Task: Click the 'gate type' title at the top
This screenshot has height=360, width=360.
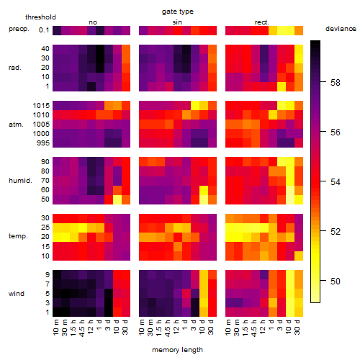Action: click(x=178, y=12)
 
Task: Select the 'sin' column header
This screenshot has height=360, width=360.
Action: click(x=177, y=22)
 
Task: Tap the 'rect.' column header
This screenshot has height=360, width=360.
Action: click(x=262, y=22)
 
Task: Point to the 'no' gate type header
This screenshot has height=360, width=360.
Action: click(x=93, y=22)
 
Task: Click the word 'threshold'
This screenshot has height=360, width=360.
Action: click(x=40, y=17)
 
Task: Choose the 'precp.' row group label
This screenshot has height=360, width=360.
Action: click(x=19, y=29)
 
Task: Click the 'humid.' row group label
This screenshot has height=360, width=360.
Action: click(x=20, y=181)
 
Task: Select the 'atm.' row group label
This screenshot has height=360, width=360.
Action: click(x=16, y=125)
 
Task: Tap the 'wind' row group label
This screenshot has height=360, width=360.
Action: click(x=17, y=294)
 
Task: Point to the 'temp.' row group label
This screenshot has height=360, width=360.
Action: click(x=18, y=236)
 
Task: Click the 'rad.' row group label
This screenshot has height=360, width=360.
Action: click(x=15, y=68)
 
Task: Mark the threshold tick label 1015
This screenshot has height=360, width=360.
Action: click(x=41, y=106)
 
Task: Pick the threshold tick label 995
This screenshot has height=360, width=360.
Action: click(x=43, y=143)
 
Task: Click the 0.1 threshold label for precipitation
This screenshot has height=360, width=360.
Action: click(x=44, y=30)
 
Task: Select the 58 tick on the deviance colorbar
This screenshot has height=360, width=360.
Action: click(x=336, y=83)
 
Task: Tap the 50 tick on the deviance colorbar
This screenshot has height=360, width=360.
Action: click(x=336, y=281)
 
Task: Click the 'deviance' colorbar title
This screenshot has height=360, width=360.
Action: click(x=341, y=29)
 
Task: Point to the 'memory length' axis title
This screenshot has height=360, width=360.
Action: click(x=177, y=350)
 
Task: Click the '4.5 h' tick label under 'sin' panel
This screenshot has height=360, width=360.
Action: click(x=168, y=328)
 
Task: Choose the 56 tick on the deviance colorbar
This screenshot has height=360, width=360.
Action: click(x=336, y=132)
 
